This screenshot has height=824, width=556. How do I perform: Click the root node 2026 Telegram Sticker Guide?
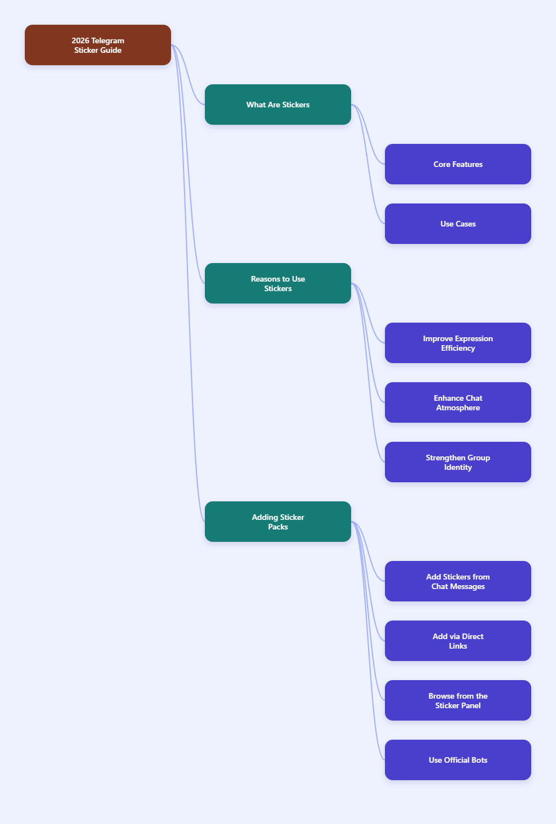[x=97, y=45]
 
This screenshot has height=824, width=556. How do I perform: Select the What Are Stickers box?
[x=277, y=105]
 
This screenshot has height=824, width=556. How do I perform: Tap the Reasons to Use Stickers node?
[x=277, y=283]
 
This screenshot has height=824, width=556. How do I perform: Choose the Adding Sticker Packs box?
[x=277, y=522]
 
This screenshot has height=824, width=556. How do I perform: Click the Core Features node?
[x=458, y=164]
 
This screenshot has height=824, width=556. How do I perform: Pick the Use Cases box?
[x=458, y=224]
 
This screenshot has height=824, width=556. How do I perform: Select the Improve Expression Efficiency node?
[x=458, y=343]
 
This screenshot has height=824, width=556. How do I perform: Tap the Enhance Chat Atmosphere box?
[x=458, y=402]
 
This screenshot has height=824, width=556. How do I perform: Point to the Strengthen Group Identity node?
[x=458, y=462]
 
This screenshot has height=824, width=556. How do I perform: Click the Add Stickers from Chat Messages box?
[x=458, y=581]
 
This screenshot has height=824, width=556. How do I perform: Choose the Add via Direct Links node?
[x=458, y=641]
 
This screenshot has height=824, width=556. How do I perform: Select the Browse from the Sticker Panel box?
[x=458, y=700]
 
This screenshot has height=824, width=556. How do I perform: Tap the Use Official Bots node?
[x=458, y=760]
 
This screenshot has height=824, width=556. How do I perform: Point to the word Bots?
[x=479, y=760]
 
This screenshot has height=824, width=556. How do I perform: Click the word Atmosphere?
[x=458, y=408]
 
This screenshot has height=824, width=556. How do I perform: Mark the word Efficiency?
[x=458, y=348]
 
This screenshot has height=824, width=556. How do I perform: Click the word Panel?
[x=472, y=705]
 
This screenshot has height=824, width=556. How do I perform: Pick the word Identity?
[x=458, y=467]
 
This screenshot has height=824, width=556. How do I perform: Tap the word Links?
[x=458, y=646]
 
